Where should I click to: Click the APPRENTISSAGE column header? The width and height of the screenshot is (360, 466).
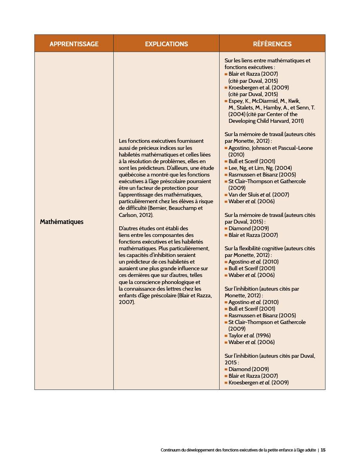tap(74, 44)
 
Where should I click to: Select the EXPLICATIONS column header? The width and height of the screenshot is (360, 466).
tap(166, 44)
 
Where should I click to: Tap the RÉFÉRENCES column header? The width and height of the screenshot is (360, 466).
tap(272, 44)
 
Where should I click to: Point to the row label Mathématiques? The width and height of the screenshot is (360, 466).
tap(62, 222)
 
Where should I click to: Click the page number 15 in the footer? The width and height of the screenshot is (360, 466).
tap(323, 450)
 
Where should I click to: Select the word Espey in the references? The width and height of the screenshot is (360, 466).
tap(236, 101)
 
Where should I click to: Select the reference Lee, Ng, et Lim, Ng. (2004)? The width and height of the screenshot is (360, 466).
tap(260, 168)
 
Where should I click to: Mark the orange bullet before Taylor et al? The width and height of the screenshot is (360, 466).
tap(226, 335)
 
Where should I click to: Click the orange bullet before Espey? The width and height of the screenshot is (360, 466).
tap(226, 101)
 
